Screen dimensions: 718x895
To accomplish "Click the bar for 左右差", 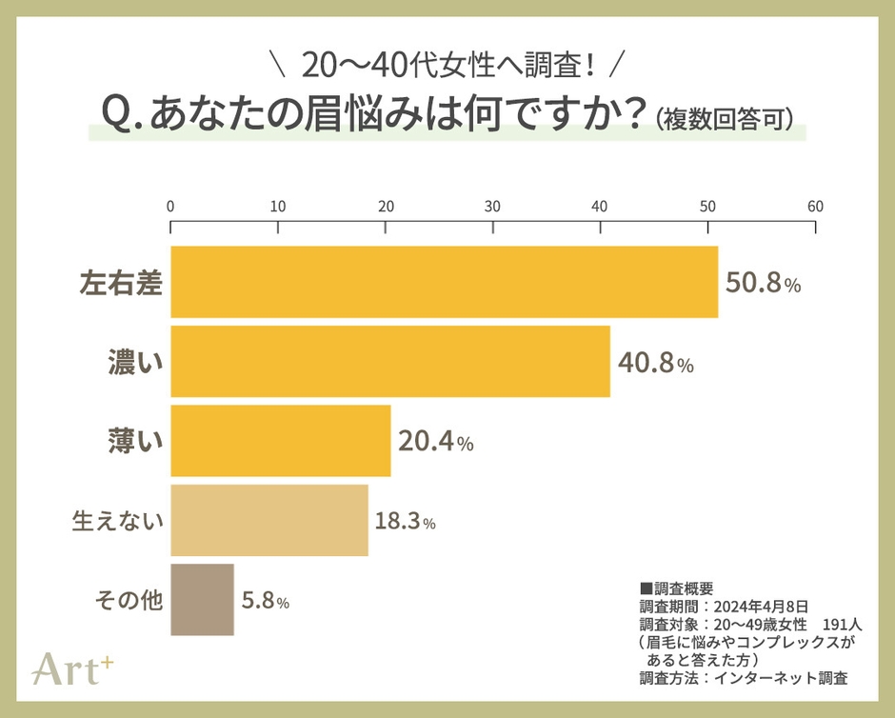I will (444, 282).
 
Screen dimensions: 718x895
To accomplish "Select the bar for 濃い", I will (389, 361).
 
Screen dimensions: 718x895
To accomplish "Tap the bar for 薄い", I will (280, 441).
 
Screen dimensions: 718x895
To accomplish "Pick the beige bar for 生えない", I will (268, 520).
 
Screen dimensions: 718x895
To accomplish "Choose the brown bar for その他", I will (202, 600).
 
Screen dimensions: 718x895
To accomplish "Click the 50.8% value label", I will (763, 283).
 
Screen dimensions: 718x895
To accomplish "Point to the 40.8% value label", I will (655, 363).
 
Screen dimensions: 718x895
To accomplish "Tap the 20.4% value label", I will (436, 442).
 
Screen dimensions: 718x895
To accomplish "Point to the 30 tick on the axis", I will (492, 206).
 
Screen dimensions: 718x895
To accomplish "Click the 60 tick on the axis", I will (815, 206).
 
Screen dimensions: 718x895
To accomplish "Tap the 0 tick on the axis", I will (170, 206).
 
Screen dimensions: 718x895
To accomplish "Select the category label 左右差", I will (120, 283).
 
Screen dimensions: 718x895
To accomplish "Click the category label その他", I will (129, 601).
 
